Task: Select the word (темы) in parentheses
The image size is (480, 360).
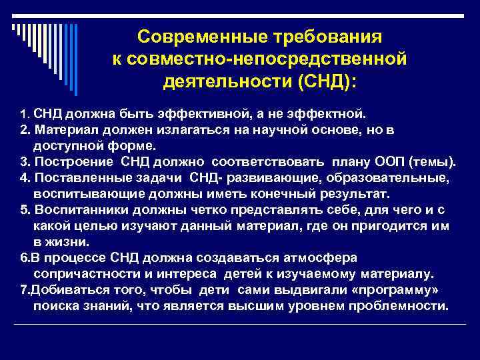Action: click(x=435, y=161)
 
